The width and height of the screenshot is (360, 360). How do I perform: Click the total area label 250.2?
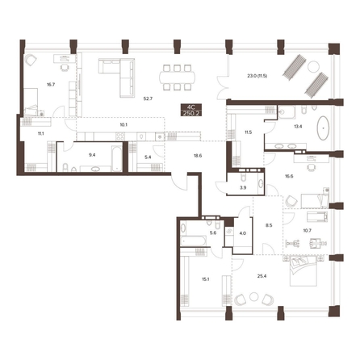(x=191, y=113)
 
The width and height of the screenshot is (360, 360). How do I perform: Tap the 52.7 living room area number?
(x=148, y=98)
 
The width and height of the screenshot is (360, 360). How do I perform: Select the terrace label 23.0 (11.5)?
(x=257, y=76)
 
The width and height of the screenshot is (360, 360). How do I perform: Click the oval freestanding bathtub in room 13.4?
(x=324, y=128)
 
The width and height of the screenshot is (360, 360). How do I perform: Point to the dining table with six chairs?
(x=178, y=77)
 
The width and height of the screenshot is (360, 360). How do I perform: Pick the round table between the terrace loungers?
(x=313, y=66)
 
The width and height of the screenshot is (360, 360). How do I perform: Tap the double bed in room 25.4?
(x=303, y=271)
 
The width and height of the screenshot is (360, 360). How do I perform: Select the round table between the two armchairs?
(x=253, y=297)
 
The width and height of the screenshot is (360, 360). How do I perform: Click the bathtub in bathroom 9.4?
(x=117, y=158)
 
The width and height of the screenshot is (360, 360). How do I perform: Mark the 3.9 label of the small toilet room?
(x=243, y=188)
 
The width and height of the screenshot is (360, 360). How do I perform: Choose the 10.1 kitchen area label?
(x=123, y=124)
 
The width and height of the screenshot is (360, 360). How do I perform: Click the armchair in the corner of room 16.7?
(x=31, y=60)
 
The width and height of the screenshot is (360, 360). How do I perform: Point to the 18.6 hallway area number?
(x=198, y=156)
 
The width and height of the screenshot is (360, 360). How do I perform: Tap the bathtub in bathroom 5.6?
(x=194, y=241)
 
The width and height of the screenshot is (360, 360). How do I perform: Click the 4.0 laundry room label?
(x=243, y=233)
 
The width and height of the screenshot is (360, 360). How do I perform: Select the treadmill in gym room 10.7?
(x=317, y=216)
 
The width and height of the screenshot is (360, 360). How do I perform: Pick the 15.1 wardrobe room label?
(x=206, y=279)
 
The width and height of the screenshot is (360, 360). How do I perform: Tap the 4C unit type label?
(x=191, y=107)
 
